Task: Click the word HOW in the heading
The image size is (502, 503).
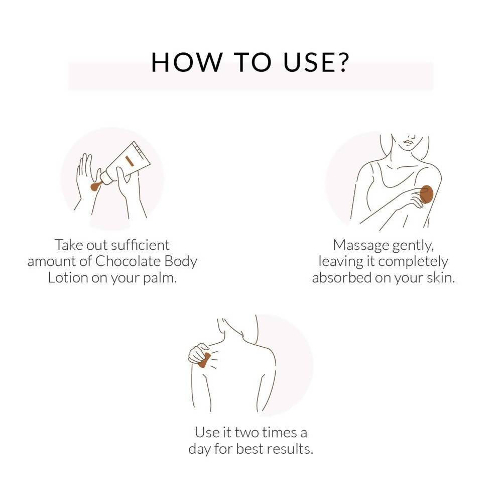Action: tap(186, 62)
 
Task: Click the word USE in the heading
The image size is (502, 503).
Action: tap(307, 62)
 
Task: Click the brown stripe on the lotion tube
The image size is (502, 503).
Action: tap(130, 161)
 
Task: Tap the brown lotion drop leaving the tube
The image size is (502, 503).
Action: tap(95, 186)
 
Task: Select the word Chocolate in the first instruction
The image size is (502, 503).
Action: tap(128, 261)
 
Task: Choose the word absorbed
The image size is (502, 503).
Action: tap(341, 277)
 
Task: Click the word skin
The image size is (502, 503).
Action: tap(441, 277)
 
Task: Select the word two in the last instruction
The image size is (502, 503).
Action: tap(246, 433)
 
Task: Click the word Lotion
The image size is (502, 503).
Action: tap(68, 278)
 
